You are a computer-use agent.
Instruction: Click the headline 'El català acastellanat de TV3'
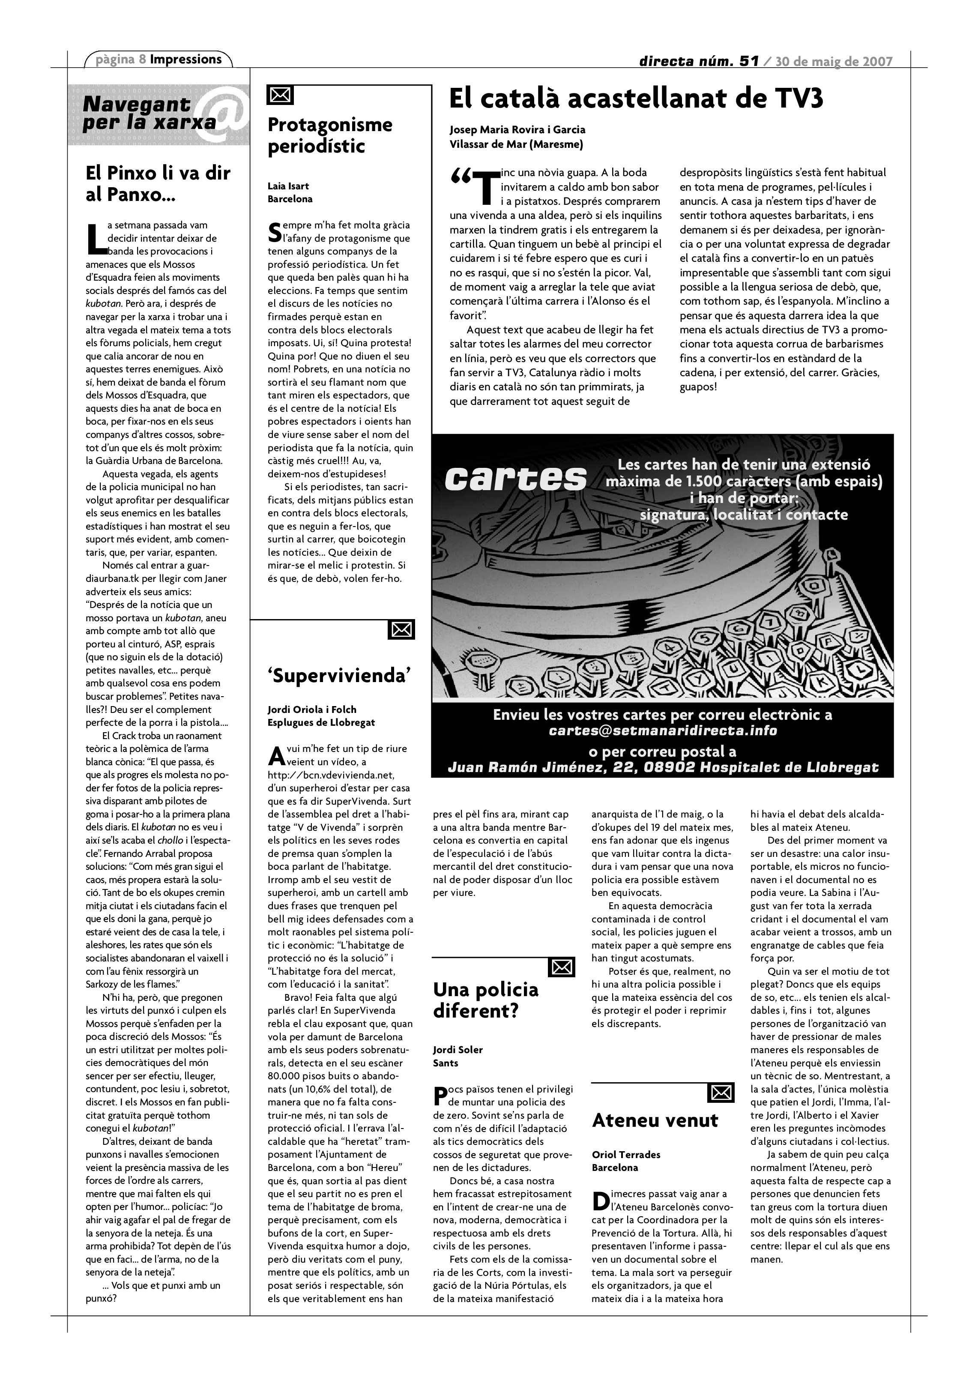point(636,99)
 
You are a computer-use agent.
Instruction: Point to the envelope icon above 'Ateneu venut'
point(721,1092)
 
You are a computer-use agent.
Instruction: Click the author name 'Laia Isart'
point(288,186)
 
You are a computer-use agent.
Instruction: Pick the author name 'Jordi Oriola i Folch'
point(312,709)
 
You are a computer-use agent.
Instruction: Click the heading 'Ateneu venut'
point(655,1120)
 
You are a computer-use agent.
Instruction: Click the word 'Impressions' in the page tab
point(185,59)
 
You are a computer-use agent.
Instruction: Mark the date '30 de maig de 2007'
point(834,61)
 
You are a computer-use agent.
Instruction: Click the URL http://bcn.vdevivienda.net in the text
point(330,775)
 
